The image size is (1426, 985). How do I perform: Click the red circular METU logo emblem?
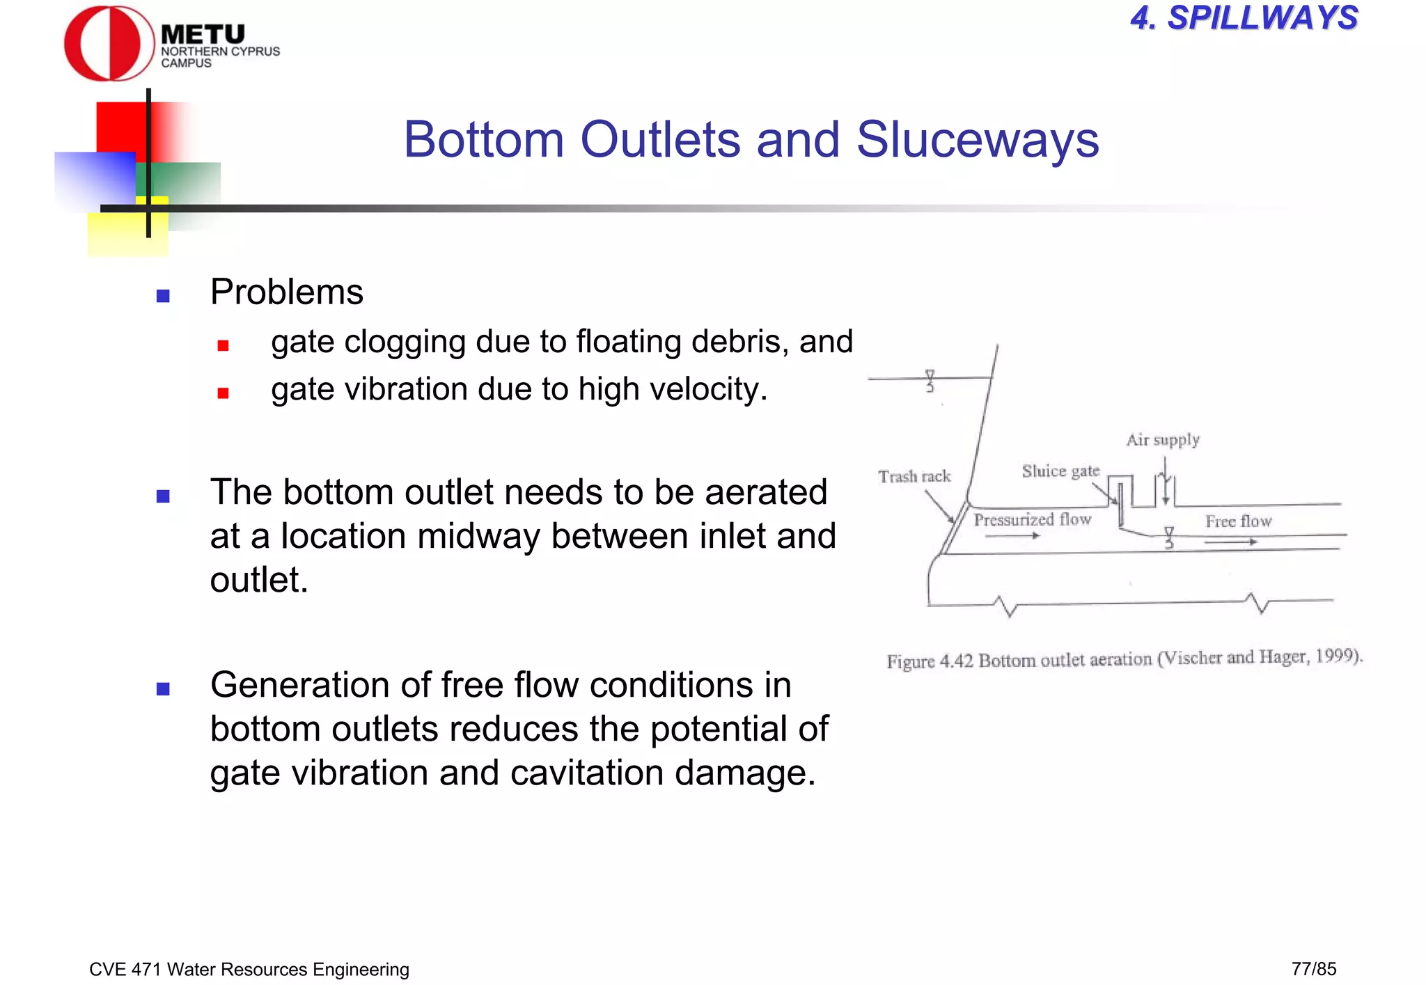[x=109, y=43]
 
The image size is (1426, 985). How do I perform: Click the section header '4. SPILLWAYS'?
[x=1244, y=18]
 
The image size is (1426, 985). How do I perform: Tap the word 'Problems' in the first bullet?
[x=286, y=292]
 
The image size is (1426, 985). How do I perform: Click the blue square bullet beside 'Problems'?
[x=164, y=296]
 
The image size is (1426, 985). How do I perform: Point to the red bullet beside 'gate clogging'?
[x=223, y=345]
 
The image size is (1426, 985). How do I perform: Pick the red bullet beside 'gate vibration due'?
[x=223, y=393]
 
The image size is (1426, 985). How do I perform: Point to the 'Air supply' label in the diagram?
[x=1163, y=440]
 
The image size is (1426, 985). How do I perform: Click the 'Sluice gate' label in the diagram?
[x=1060, y=471]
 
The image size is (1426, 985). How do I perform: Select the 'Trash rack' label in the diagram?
[x=914, y=477]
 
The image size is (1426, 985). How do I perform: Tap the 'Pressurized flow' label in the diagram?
[x=1032, y=520]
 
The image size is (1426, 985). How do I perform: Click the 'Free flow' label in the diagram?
[x=1238, y=521]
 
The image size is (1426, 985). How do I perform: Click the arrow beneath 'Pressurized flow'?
[x=1012, y=536]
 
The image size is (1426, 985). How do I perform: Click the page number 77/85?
[x=1313, y=969]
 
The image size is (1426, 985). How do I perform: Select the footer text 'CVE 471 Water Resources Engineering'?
[x=249, y=970]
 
